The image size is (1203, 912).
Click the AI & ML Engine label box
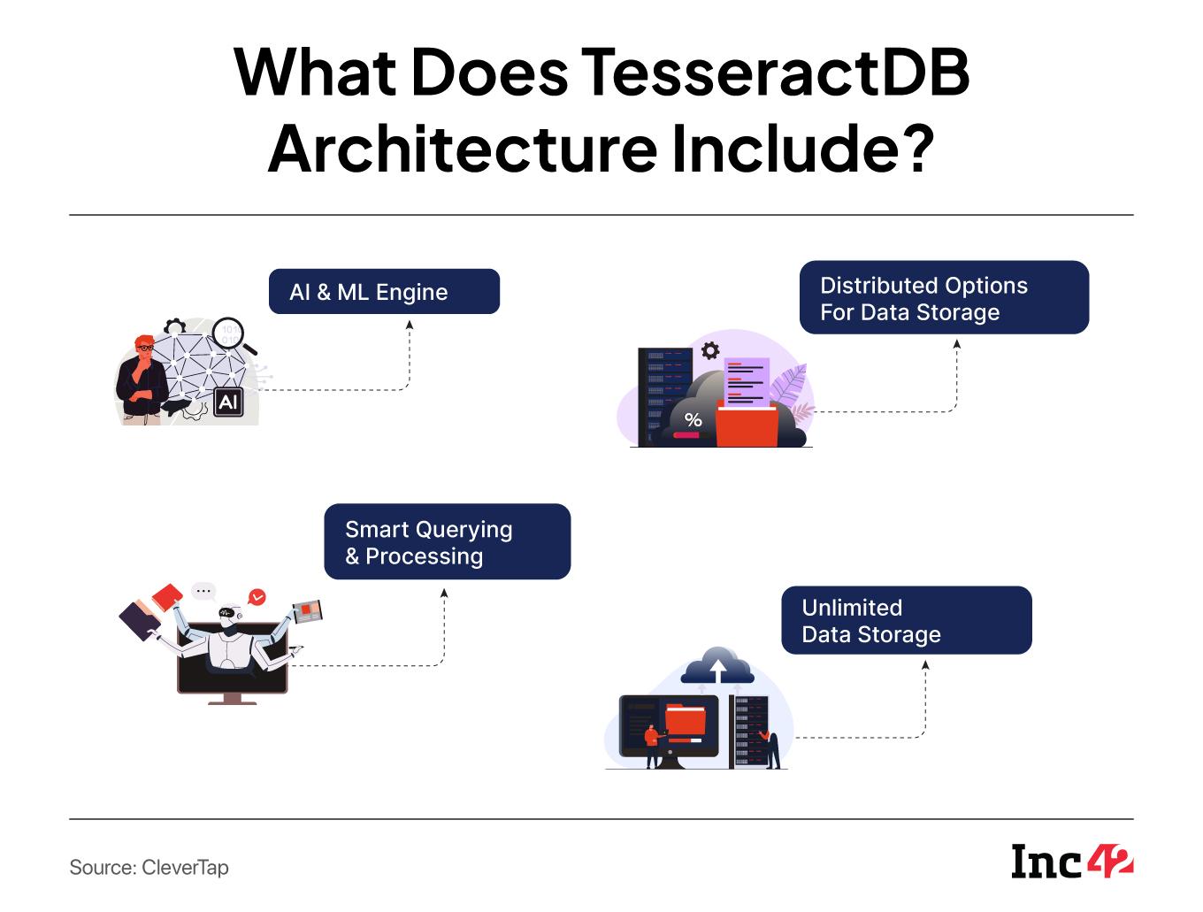(x=384, y=292)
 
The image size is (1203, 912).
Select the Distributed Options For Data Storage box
(x=944, y=298)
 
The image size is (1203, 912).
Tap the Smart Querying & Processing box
(x=447, y=542)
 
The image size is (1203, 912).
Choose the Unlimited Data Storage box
(x=906, y=620)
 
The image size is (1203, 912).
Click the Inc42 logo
(x=1072, y=861)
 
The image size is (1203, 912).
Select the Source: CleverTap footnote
(x=149, y=867)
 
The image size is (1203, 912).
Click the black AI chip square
(x=228, y=402)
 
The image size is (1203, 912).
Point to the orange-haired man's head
(x=143, y=346)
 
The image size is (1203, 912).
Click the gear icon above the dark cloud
(x=710, y=351)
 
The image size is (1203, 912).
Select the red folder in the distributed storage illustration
(x=747, y=424)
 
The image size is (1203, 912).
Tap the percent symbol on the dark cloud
(x=693, y=420)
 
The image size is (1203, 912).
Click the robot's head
(x=230, y=614)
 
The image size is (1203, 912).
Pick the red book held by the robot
(x=166, y=596)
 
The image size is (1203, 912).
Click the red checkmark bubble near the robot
(x=257, y=597)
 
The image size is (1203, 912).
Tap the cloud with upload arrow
(x=717, y=665)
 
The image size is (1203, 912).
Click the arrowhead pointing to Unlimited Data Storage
(x=926, y=665)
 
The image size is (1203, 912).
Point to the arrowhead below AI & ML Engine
(x=410, y=325)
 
